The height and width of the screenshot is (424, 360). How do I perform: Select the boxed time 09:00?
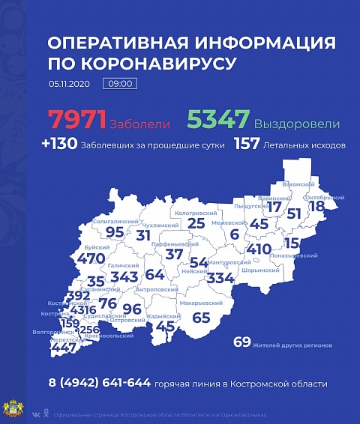(120, 83)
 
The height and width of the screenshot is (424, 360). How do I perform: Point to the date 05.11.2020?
(69, 83)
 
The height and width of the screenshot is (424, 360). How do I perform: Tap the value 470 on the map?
(91, 258)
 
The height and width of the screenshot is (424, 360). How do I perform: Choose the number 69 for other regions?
(241, 342)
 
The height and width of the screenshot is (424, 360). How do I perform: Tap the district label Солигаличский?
(115, 222)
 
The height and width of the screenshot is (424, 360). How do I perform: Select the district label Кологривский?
(195, 213)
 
